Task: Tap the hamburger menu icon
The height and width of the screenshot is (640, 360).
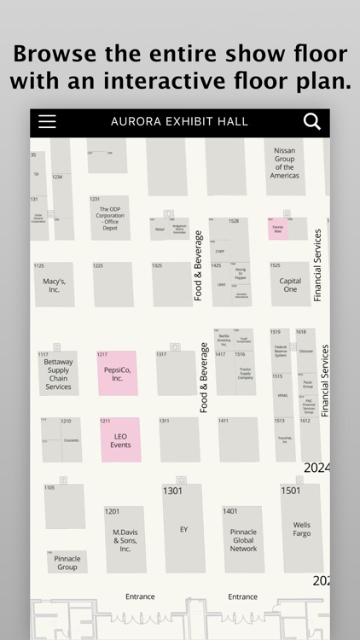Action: point(47,121)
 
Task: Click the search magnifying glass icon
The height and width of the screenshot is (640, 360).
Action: point(312,121)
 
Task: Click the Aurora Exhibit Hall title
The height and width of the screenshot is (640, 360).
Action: point(179,122)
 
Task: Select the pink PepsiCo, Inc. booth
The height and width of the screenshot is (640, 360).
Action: point(117,373)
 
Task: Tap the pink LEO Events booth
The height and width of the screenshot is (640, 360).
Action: point(120,440)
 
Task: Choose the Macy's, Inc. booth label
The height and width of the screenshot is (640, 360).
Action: point(54,285)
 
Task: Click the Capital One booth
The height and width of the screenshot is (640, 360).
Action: point(290,285)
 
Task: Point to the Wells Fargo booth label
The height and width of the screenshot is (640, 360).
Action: point(302,530)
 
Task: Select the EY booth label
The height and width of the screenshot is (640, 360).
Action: point(183,530)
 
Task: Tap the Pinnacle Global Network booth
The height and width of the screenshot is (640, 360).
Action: point(243,539)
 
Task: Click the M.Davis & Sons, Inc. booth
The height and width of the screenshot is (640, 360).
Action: point(125,540)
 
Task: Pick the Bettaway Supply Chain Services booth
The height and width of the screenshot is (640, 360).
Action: point(58,375)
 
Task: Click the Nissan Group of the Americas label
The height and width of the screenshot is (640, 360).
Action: point(284,163)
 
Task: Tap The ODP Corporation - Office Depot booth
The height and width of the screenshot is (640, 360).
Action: point(110,219)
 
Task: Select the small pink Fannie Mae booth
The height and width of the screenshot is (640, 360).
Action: point(278,229)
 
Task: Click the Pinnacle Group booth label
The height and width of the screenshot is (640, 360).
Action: point(67,562)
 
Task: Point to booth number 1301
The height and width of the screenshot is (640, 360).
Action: point(172,491)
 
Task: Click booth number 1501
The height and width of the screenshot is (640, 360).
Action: point(291,491)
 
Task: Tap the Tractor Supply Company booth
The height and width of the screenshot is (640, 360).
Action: point(245,373)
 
